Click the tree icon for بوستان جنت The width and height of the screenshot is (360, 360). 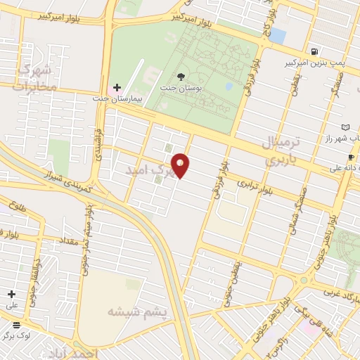point(182,75)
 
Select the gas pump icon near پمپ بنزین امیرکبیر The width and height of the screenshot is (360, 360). point(313,51)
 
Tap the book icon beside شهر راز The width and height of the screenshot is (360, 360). point(345,127)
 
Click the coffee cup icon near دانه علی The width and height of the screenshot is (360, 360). point(351,157)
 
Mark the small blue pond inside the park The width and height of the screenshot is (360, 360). point(230,86)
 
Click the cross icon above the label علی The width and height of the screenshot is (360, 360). point(11,294)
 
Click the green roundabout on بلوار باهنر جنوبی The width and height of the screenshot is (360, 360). point(304,279)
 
